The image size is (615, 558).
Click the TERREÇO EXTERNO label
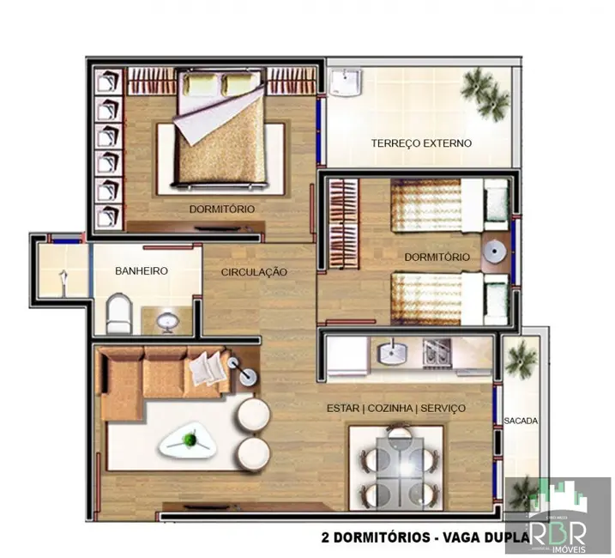[421, 143]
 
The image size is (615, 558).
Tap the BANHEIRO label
[142, 270]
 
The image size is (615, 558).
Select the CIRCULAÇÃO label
[254, 272]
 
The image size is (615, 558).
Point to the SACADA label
[522, 421]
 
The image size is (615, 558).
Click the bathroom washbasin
[169, 320]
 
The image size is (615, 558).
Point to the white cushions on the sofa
[206, 367]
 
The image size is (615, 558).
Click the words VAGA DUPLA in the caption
[476, 538]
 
